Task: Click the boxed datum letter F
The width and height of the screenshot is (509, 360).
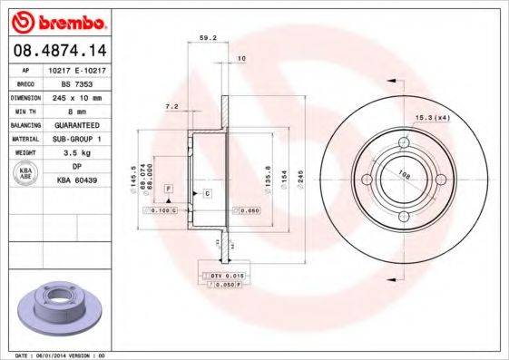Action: (x=169, y=186)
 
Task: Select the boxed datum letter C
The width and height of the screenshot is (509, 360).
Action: (x=207, y=194)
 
